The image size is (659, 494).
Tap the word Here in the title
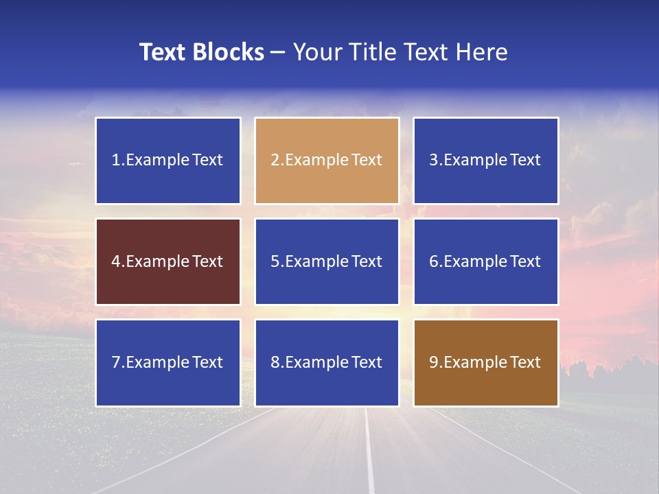pos(483,52)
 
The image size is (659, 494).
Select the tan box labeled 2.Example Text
pos(327,161)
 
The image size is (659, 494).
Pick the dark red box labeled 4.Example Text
pos(168,261)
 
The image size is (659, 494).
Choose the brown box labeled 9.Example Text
pos(486,362)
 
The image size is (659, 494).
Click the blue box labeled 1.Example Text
pos(168,161)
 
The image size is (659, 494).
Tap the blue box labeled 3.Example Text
pos(486,161)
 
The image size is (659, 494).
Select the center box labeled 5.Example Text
pos(327,261)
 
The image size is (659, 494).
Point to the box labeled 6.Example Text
pos(486,261)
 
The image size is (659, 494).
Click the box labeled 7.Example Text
pos(168,362)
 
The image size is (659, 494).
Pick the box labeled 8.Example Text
pos(327,362)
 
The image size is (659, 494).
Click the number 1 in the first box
pos(115,161)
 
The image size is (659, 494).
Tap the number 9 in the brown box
pos(434,362)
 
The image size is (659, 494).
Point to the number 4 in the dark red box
pos(116,261)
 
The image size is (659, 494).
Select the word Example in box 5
pos(316,261)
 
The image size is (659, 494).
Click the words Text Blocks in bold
pos(202,52)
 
